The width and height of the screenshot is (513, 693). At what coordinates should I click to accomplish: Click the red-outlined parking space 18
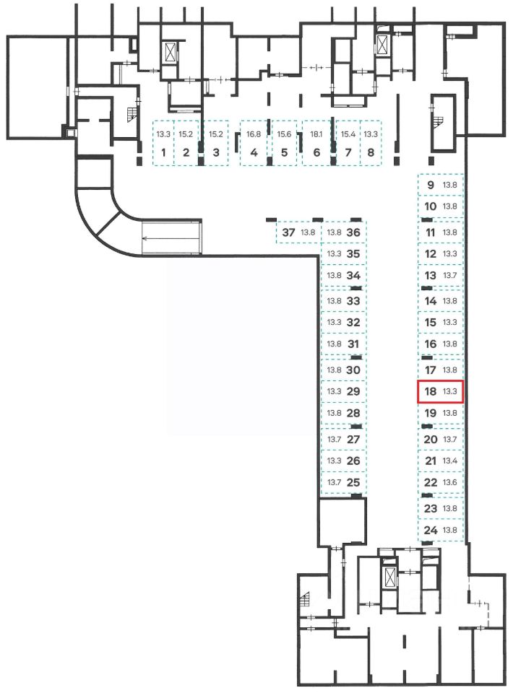pos(440,392)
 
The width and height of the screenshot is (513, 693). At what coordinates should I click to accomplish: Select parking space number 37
pos(289,232)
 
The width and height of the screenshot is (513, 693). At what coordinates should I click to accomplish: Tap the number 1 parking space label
pos(164,152)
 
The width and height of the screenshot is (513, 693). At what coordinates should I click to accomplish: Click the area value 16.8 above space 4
pos(254,134)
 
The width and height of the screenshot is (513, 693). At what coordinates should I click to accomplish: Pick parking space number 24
pos(431,531)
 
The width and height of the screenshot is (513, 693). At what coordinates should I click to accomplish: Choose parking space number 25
pos(353,482)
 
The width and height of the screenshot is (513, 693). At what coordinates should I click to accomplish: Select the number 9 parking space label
pos(431,185)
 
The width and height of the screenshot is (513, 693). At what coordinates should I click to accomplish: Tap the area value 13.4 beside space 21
pos(450,461)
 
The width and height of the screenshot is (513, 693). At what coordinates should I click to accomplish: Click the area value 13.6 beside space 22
pos(450,482)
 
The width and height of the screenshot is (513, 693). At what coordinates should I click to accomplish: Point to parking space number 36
pos(353,232)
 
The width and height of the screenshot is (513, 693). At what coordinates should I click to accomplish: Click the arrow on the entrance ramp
pos(171,237)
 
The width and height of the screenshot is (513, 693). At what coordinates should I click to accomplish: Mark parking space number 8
pos(371,152)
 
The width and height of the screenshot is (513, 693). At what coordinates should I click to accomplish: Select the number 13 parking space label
pos(431,275)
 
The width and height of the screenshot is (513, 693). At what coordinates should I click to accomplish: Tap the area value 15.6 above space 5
pos(285,134)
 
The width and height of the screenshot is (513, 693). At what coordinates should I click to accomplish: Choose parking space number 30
pos(353,370)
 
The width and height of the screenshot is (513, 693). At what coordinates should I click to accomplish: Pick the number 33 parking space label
pos(353,300)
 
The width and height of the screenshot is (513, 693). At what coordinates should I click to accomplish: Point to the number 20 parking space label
pos(431,439)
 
